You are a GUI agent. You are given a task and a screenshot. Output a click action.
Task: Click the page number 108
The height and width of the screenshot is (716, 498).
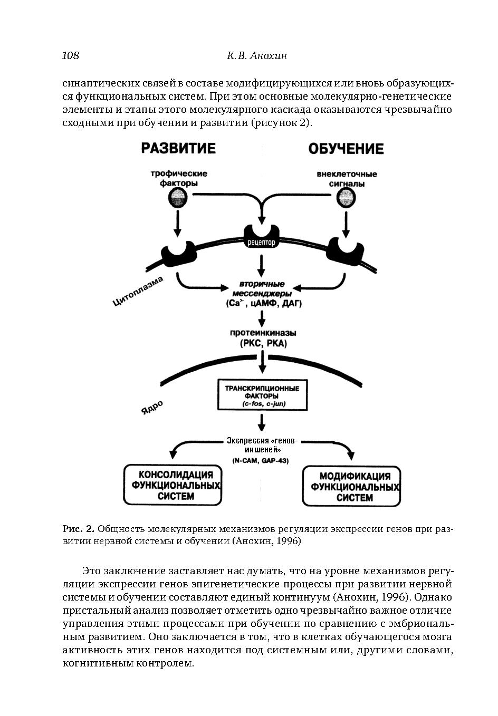click(x=71, y=55)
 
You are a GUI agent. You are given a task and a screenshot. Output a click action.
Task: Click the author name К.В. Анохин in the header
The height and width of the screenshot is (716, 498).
click(x=256, y=55)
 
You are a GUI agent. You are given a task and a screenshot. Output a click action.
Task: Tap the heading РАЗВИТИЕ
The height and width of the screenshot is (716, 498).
click(x=178, y=148)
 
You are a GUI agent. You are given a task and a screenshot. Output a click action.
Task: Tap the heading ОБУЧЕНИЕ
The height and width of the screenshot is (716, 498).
click(x=346, y=149)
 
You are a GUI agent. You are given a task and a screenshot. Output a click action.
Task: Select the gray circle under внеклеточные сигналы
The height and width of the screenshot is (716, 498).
click(x=346, y=198)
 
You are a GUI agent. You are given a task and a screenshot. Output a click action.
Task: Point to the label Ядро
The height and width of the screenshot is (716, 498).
click(x=152, y=407)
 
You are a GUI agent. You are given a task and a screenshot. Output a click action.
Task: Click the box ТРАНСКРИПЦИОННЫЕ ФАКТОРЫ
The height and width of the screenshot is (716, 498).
click(x=262, y=394)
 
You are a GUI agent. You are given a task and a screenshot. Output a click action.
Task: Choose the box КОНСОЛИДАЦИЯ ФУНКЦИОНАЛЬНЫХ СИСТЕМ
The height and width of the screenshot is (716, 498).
click(x=173, y=485)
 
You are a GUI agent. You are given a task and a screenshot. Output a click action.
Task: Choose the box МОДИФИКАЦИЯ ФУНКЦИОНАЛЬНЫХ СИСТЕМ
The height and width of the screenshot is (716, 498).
click(x=351, y=486)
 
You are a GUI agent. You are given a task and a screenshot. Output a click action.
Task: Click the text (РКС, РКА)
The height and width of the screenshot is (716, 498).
click(x=263, y=344)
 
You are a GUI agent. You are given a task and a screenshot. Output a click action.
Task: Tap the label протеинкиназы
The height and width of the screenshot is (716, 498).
click(x=263, y=333)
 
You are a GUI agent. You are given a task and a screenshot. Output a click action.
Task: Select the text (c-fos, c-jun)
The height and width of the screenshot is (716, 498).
click(x=262, y=404)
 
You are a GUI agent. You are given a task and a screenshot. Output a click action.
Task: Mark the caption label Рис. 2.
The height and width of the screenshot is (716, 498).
click(x=78, y=528)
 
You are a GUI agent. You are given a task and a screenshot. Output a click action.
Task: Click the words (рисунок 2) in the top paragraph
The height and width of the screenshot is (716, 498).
click(x=280, y=123)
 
